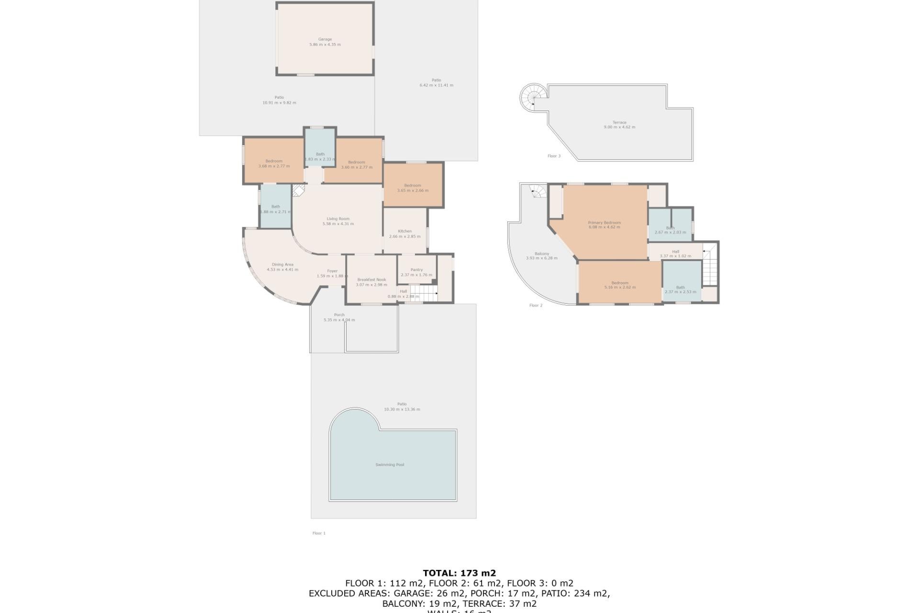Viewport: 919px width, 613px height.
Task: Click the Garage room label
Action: [325, 39]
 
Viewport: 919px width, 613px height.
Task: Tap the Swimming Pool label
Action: [390, 465]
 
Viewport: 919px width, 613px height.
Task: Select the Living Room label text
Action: [338, 219]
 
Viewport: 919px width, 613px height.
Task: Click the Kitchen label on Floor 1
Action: [404, 231]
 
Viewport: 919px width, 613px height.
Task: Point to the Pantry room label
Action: [416, 270]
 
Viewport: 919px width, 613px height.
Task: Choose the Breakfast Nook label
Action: [371, 280]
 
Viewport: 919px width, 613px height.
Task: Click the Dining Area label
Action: [282, 264]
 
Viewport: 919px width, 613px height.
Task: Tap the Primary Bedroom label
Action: [604, 223]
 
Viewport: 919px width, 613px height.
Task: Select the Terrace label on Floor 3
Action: [619, 122]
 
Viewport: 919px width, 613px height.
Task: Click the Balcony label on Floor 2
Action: [541, 254]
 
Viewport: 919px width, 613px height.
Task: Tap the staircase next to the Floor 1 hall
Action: [424, 293]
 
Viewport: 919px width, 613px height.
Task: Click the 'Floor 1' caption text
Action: [319, 533]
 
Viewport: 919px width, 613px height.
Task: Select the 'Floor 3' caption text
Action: [554, 156]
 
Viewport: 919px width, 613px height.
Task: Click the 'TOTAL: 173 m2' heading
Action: [459, 573]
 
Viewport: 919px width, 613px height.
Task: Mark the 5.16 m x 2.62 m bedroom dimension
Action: [620, 287]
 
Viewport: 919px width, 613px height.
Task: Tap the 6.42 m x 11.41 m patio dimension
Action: [436, 85]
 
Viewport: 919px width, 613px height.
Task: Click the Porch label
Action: [339, 315]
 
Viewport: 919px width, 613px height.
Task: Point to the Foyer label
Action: [332, 271]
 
